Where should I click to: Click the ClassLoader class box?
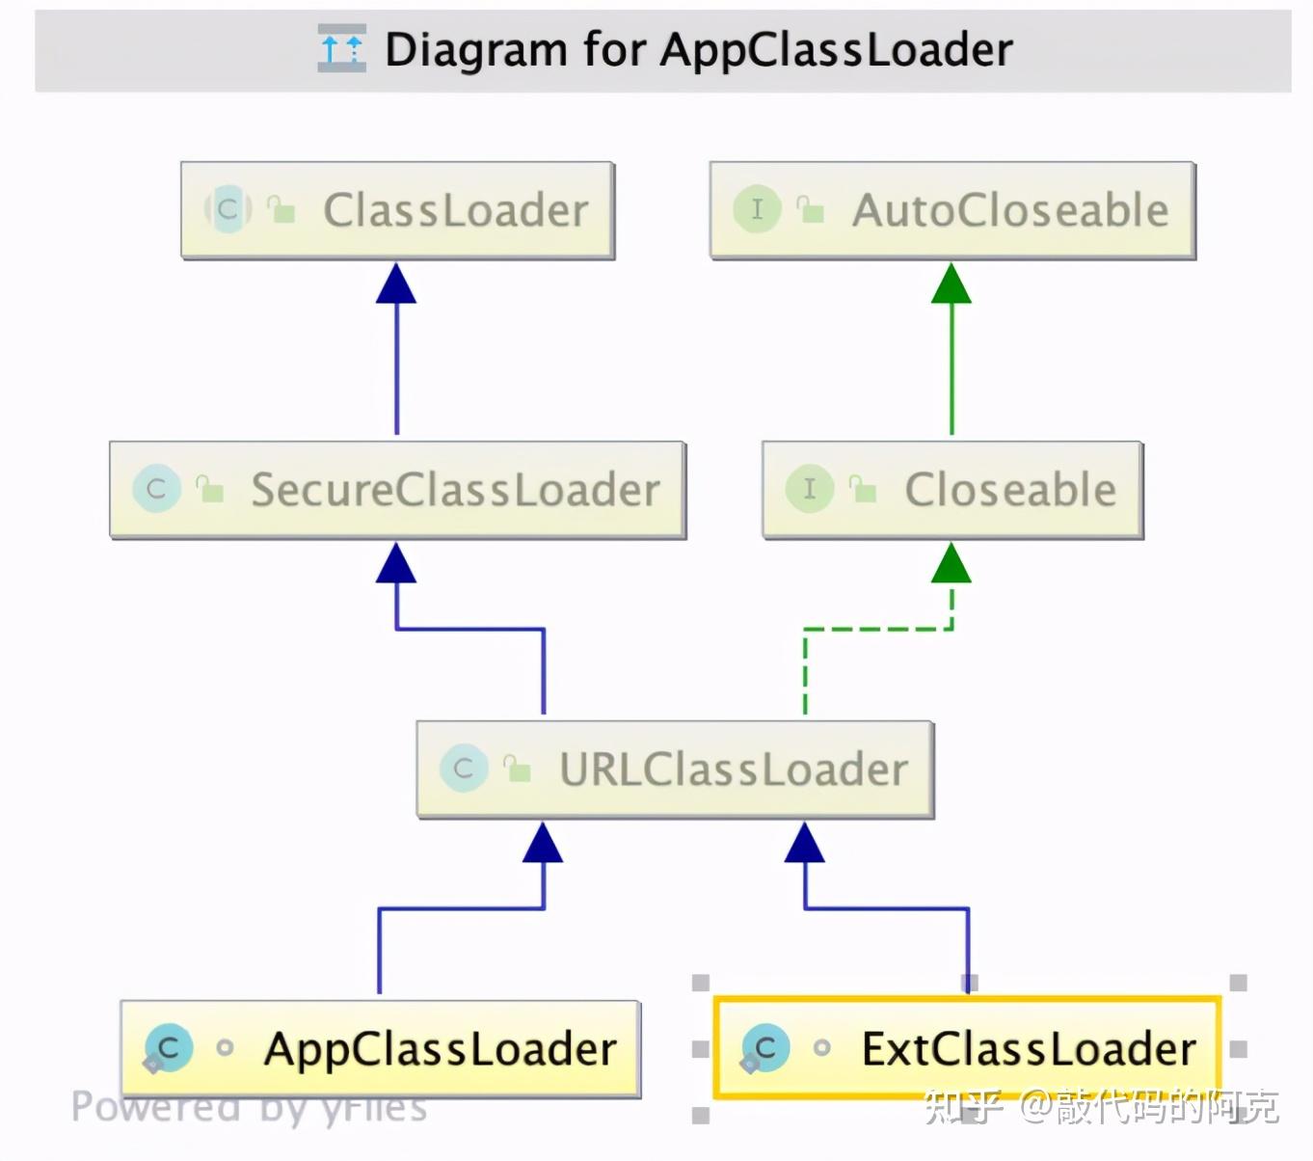(397, 210)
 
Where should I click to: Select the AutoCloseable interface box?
(952, 210)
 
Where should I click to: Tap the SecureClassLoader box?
(397, 490)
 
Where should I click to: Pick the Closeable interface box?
(952, 490)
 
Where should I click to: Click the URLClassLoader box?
(675, 769)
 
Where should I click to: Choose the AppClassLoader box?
(380, 1049)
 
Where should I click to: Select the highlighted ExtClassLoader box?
(967, 1048)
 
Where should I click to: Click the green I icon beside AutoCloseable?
(757, 209)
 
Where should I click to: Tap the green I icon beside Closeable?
(809, 489)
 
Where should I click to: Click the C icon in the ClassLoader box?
(228, 208)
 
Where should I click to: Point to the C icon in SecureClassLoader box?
(156, 489)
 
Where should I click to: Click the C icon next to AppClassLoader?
(168, 1049)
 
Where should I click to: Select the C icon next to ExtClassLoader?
(765, 1049)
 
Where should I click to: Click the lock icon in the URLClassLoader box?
(518, 769)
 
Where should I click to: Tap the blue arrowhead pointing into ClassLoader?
(396, 283)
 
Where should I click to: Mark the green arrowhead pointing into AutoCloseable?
(951, 283)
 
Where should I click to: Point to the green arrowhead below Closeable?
(951, 563)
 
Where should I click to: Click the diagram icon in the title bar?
(341, 48)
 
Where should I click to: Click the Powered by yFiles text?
(249, 1108)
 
